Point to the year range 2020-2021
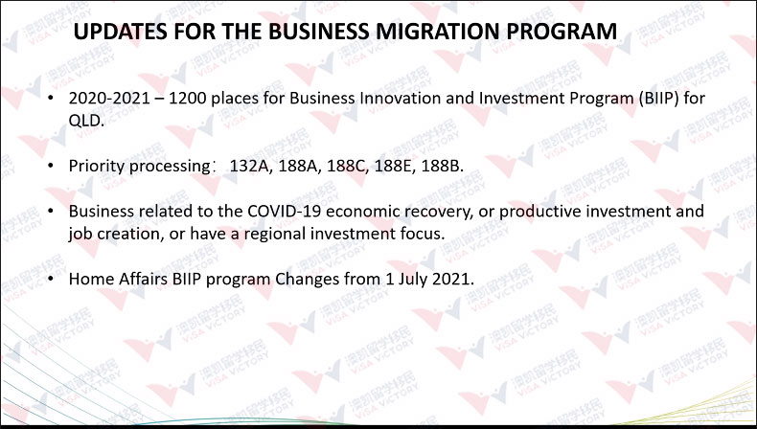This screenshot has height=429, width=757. [109, 99]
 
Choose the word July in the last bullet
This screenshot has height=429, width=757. [412, 280]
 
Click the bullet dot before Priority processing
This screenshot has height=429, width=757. [51, 166]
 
